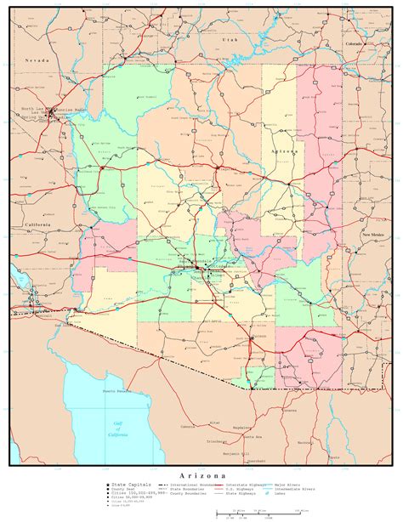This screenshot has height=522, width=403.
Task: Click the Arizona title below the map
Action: (202, 474)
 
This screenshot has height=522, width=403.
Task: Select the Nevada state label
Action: (35, 61)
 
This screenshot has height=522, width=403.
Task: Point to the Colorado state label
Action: (354, 43)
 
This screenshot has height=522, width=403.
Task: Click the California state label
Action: (37, 224)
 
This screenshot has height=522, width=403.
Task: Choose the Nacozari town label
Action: (304, 442)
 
